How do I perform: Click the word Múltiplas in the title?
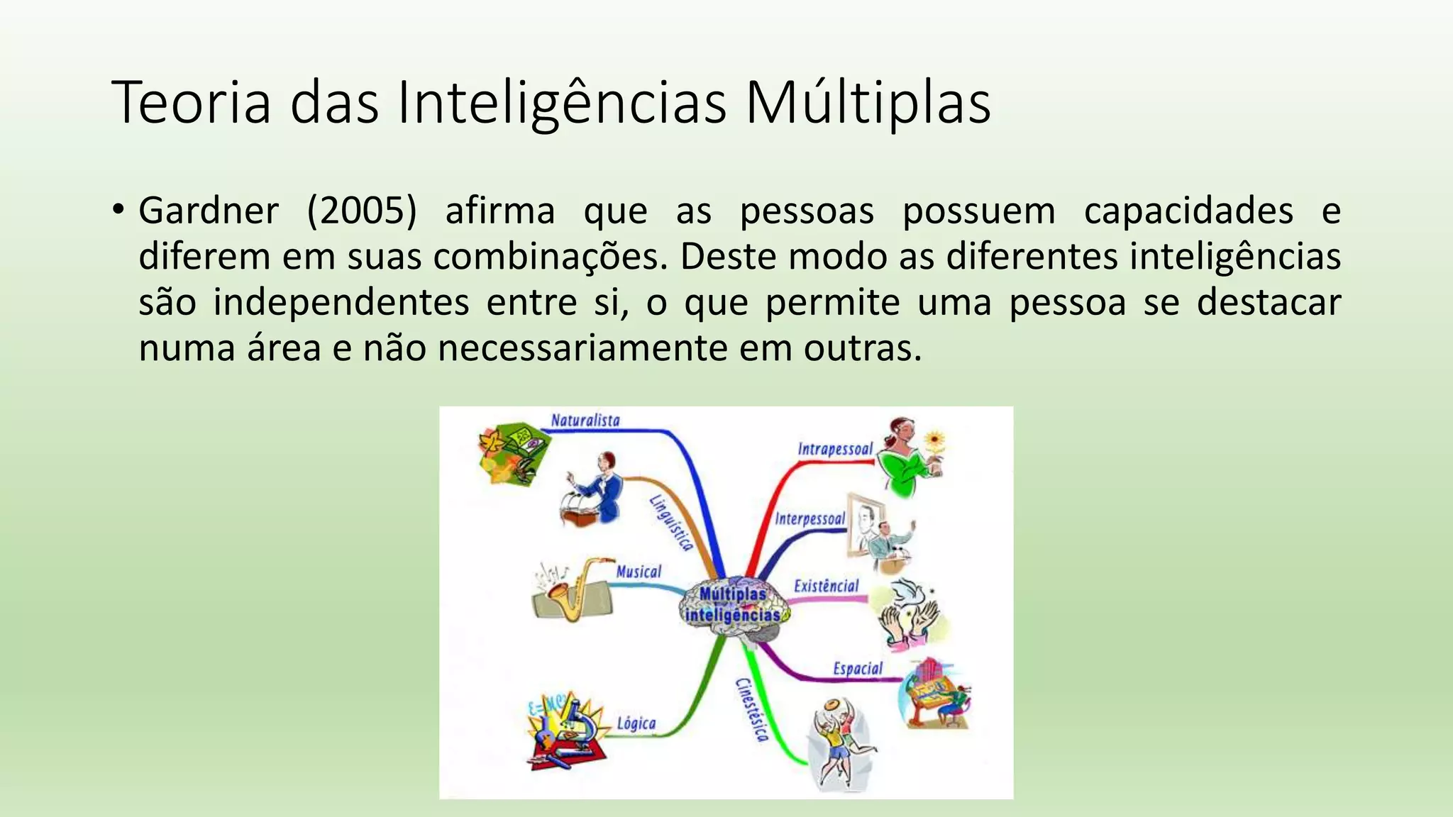pyautogui.click(x=867, y=104)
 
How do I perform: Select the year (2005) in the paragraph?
pyautogui.click(x=362, y=211)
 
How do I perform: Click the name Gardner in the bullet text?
pyautogui.click(x=209, y=211)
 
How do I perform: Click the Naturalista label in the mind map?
pyautogui.click(x=585, y=421)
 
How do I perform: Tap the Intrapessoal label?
pyautogui.click(x=834, y=449)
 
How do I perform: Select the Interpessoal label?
pyautogui.click(x=810, y=519)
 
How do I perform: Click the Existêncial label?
pyautogui.click(x=826, y=587)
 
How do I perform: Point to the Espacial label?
pyautogui.click(x=857, y=669)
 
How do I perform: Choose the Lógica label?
pyautogui.click(x=636, y=724)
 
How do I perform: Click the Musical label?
pyautogui.click(x=638, y=572)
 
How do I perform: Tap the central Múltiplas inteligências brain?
pyautogui.click(x=733, y=606)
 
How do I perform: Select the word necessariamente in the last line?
pyautogui.click(x=583, y=349)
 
